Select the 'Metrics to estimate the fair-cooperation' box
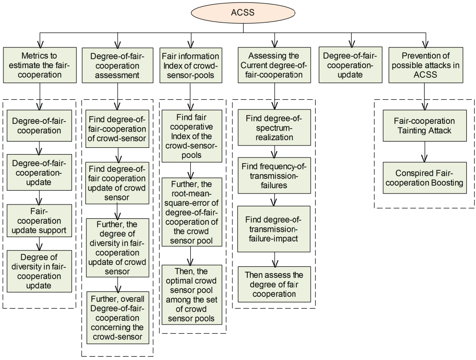click(39, 65)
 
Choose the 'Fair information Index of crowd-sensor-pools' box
click(191, 65)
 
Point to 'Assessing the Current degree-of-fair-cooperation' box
click(274, 65)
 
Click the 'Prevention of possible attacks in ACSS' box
click(424, 65)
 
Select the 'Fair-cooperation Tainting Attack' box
click(424, 126)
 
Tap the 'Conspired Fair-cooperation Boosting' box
click(424, 178)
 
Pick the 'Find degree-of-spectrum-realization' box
click(274, 127)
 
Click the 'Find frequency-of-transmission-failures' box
click(274, 175)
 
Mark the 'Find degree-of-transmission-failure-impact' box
click(274, 229)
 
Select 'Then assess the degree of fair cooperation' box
click(274, 284)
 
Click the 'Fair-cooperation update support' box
click(39, 221)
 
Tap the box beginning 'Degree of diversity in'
click(39, 271)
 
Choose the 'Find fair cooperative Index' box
click(192, 136)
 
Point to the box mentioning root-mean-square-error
click(192, 212)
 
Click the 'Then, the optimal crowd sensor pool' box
click(192, 295)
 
